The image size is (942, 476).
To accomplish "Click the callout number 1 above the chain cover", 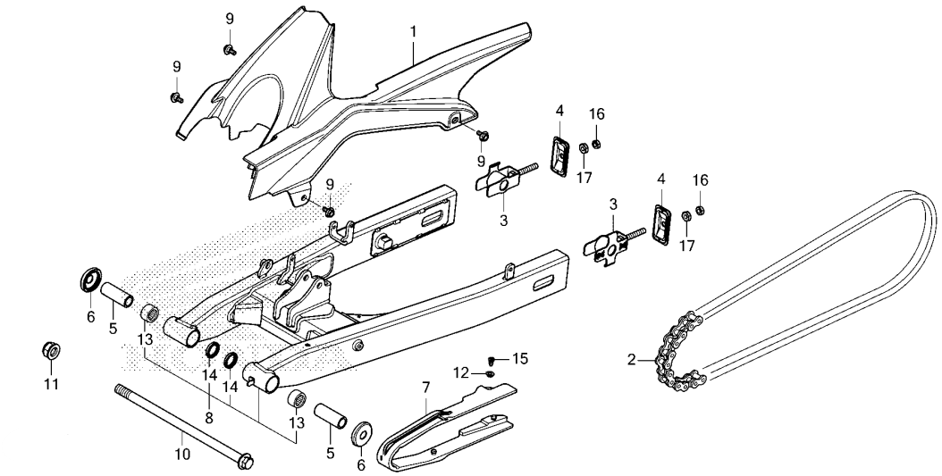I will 413,31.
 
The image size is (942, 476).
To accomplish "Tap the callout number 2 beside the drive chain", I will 632,361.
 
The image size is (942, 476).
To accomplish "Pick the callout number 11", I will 51,385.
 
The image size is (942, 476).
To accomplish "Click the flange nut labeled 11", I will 51,349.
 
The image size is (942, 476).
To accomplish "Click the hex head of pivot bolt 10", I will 244,462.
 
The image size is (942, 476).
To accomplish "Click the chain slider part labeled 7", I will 447,429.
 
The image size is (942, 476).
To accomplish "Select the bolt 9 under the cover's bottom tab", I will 328,212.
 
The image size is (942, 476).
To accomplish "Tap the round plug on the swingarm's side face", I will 357,346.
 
